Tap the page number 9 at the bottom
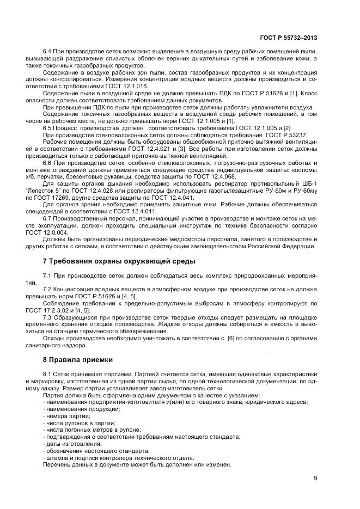tap(315, 479)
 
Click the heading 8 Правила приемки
tap(78, 359)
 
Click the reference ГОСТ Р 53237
tap(296, 134)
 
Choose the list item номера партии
tap(69, 415)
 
